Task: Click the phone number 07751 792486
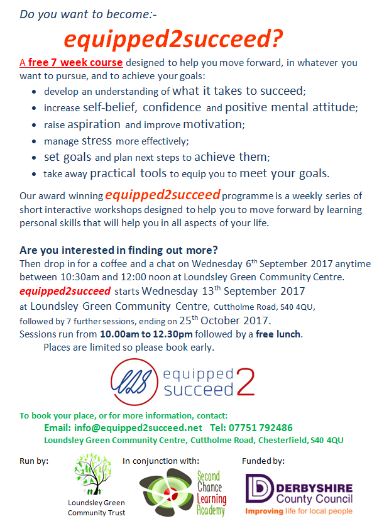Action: (263, 428)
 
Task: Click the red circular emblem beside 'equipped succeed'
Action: (134, 380)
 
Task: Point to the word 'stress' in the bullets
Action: (97, 140)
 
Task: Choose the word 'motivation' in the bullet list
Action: (210, 124)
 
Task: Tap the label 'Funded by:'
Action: (263, 461)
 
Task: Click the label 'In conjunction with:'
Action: (161, 461)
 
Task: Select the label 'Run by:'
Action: (34, 461)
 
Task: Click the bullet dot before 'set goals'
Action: (34, 158)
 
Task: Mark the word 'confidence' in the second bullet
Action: (171, 107)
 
